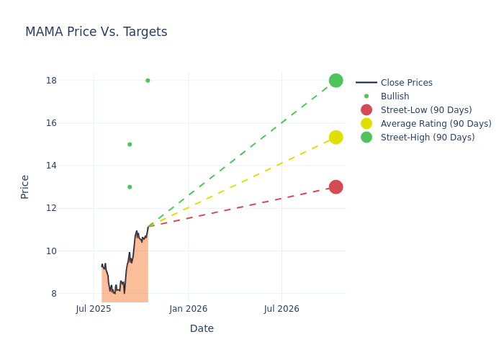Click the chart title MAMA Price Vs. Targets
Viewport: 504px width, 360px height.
96,32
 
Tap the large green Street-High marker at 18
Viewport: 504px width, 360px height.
336,81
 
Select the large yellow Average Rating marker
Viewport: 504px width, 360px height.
336,138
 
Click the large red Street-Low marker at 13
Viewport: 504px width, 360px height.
336,187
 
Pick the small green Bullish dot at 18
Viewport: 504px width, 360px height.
148,81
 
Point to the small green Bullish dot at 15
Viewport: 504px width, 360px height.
130,145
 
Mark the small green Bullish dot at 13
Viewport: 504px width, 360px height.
130,187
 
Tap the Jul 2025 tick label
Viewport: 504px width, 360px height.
94,309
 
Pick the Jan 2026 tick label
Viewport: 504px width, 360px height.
189,309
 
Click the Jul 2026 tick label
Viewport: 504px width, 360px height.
282,309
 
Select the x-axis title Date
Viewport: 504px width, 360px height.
202,328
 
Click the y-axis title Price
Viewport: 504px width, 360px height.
25,186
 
